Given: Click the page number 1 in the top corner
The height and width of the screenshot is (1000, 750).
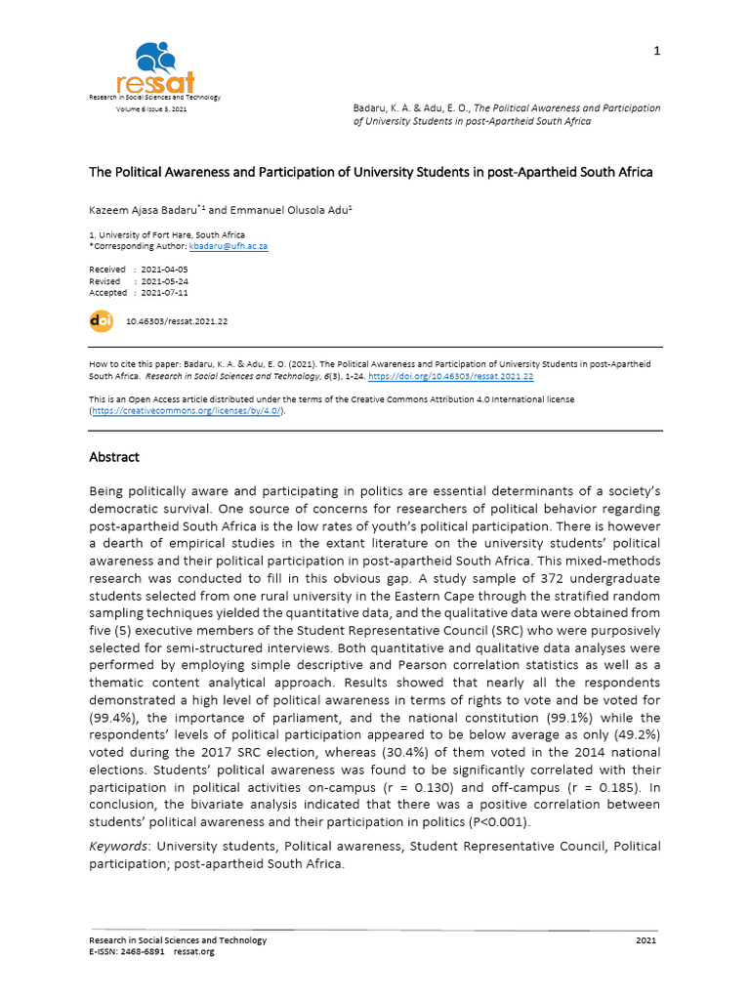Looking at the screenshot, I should click(x=657, y=52).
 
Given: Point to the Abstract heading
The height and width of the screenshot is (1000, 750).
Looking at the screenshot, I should click(x=114, y=457).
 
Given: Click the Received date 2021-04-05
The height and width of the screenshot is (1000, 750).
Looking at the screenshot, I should click(x=164, y=270).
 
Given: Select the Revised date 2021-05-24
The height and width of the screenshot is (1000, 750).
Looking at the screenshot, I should click(x=164, y=281).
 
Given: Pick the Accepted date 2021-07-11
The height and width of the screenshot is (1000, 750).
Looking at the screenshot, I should click(x=164, y=293).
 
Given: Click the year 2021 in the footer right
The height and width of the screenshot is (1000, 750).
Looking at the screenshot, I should click(x=646, y=940).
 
